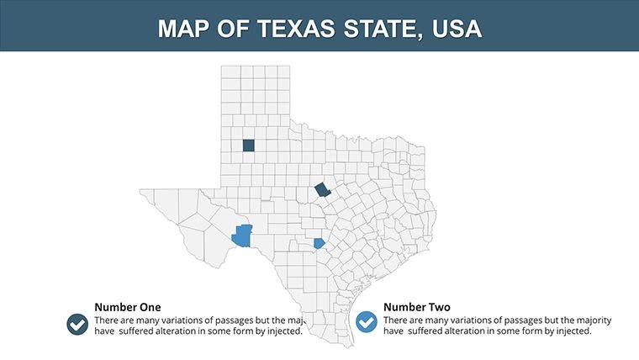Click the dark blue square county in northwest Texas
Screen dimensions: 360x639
(248, 145)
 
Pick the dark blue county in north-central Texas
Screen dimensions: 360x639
(322, 191)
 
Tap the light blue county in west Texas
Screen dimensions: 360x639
(243, 236)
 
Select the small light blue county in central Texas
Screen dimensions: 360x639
(319, 243)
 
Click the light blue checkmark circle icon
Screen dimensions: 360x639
(367, 322)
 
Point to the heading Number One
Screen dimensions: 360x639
(127, 307)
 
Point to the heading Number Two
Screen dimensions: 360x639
(416, 307)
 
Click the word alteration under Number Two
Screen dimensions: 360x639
(473, 331)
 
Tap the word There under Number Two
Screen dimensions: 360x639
(395, 320)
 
